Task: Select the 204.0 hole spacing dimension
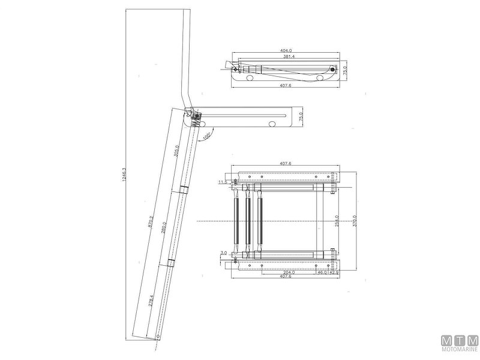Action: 289,272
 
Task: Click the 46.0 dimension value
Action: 322,272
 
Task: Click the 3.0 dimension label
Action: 224,254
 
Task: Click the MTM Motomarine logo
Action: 459,344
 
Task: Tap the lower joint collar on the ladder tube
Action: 170,262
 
